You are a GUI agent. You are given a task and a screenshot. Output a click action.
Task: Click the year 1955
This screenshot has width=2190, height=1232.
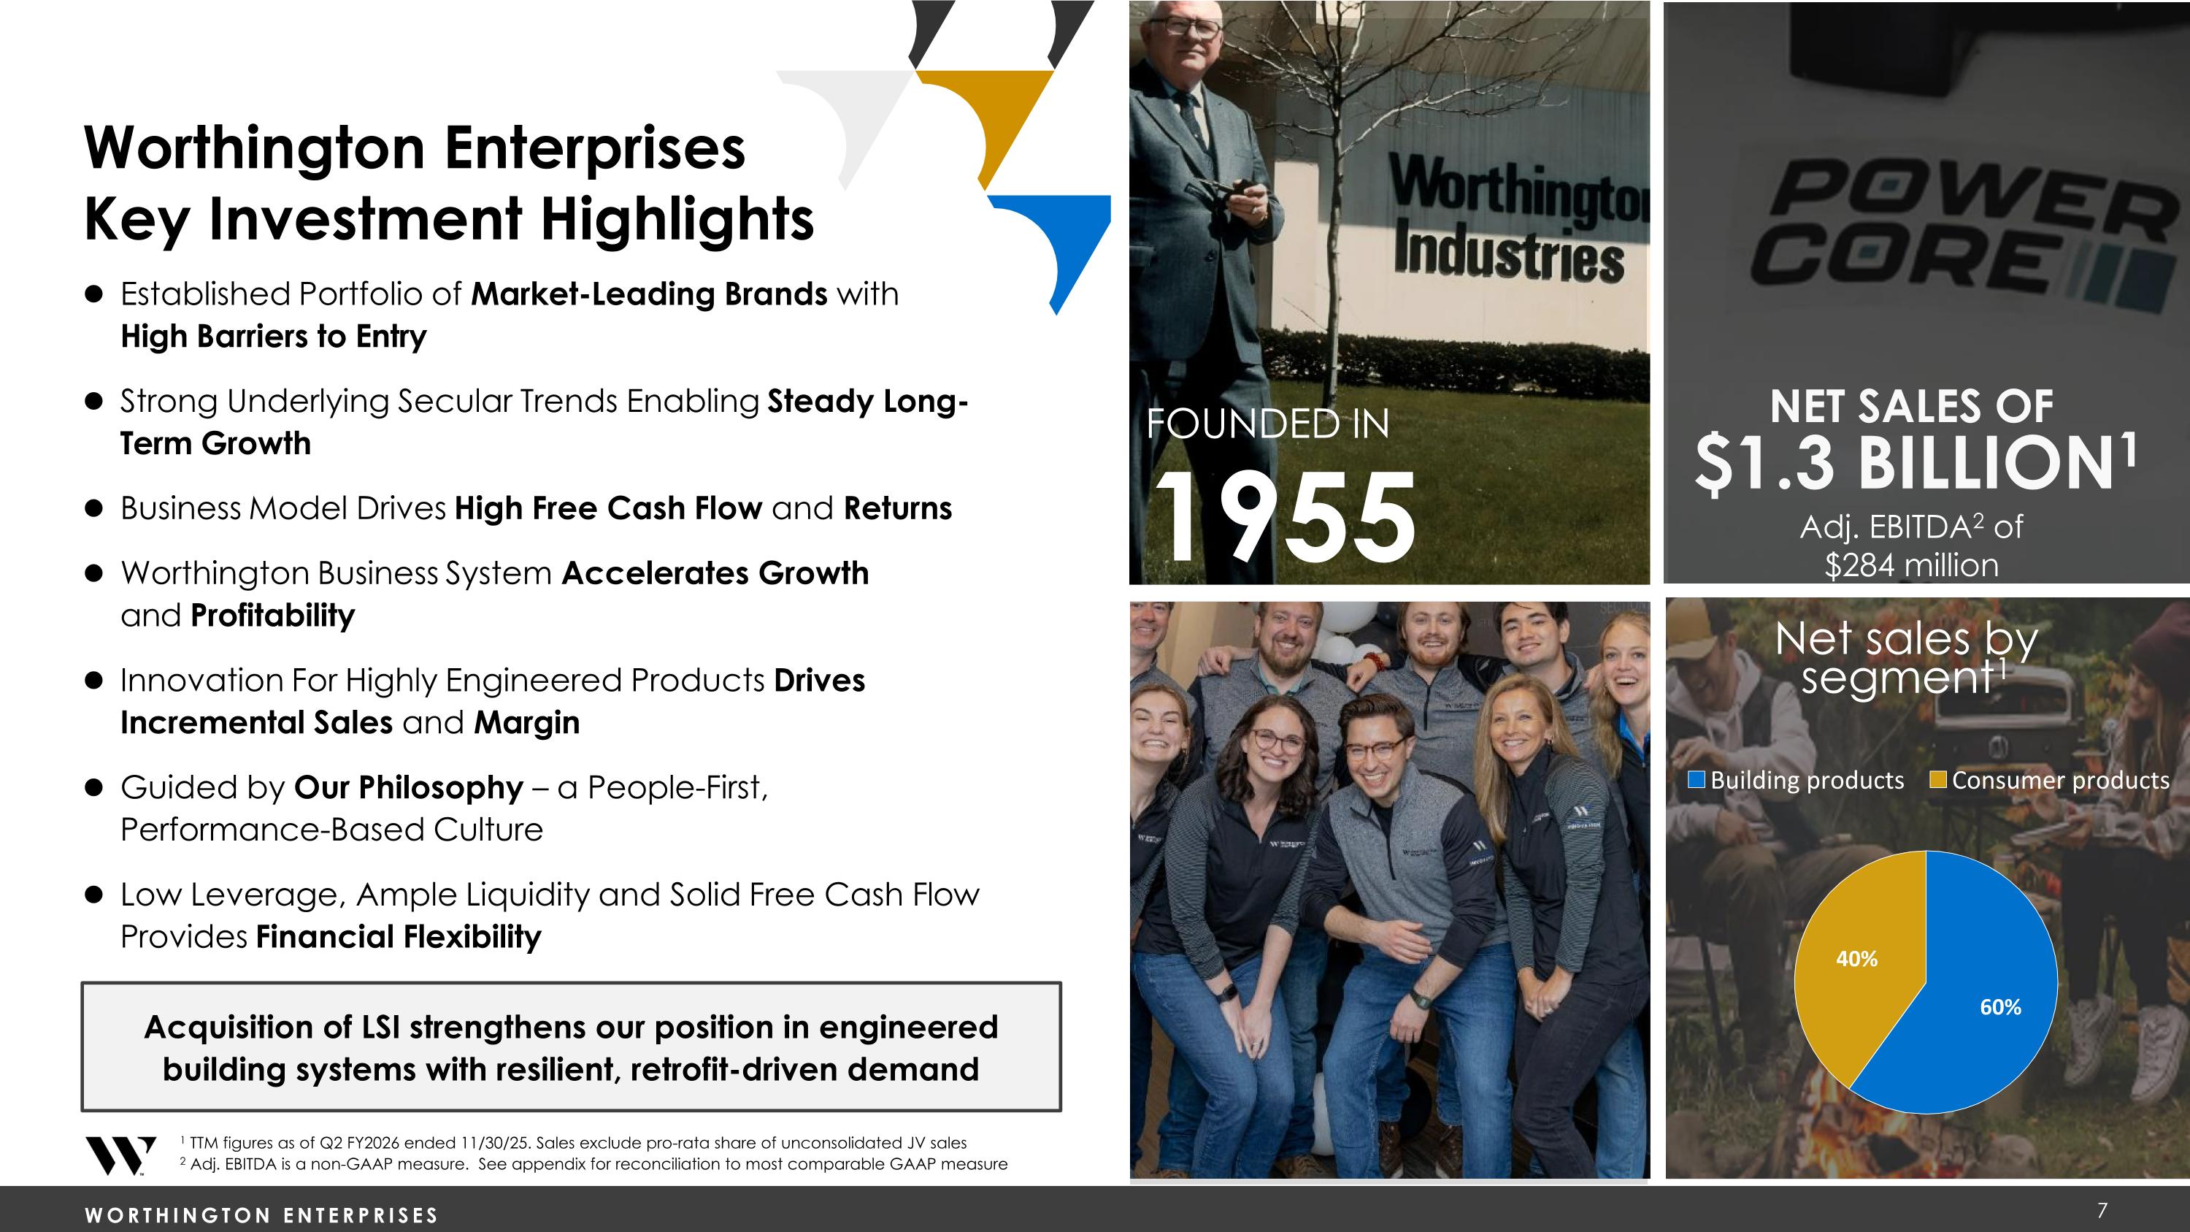pos(1284,518)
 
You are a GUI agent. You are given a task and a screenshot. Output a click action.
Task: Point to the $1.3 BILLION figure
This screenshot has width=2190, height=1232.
pos(1913,464)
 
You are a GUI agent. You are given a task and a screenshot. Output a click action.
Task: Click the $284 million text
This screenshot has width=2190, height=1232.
pos(1911,565)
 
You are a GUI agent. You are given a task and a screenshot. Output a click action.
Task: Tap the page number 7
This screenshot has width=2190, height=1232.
pos(2102,1210)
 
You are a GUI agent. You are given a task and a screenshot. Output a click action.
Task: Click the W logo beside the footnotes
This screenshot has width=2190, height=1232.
pos(120,1155)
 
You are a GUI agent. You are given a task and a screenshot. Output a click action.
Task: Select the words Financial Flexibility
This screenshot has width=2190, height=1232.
pos(398,937)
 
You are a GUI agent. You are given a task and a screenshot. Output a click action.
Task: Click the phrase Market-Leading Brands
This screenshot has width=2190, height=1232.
pos(649,294)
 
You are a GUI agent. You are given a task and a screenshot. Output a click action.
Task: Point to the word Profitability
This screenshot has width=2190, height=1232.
pos(272,616)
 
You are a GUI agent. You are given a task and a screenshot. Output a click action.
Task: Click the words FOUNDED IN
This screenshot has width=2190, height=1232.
pos(1267,424)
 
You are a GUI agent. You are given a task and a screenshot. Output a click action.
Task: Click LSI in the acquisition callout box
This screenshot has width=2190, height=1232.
pos(380,1027)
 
